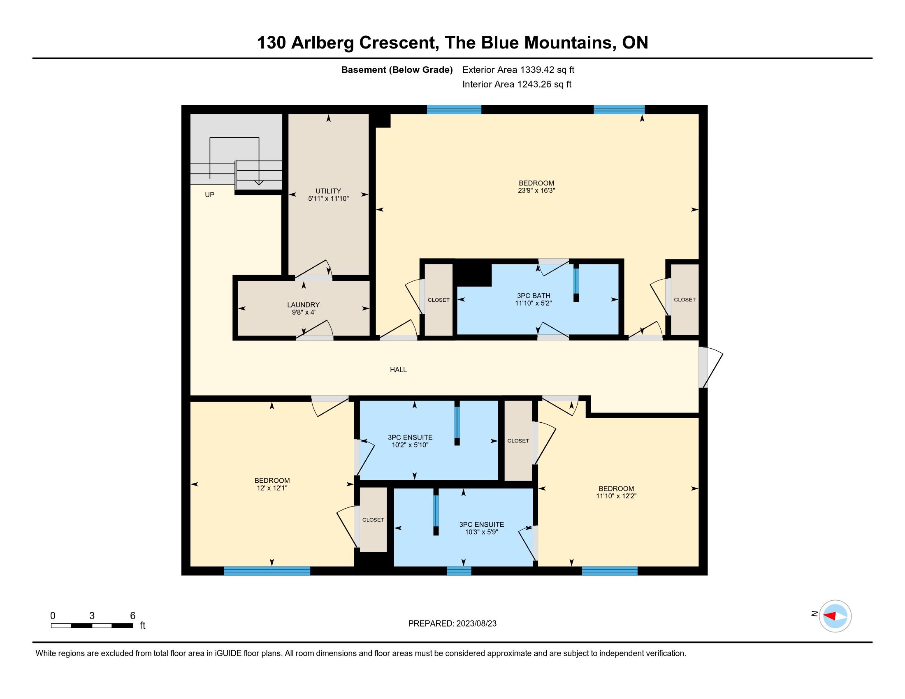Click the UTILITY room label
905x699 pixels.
pos(328,191)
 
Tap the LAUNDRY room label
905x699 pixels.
pos(303,305)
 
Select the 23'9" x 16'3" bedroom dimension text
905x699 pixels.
pos(536,191)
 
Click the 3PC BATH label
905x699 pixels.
pos(533,296)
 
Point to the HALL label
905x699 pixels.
pos(398,370)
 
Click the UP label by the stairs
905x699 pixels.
pos(210,194)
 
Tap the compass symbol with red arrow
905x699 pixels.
pos(835,616)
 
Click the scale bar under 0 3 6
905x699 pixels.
pos(92,626)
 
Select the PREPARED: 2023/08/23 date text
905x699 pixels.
pos(452,624)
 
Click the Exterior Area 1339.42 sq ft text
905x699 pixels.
pos(518,69)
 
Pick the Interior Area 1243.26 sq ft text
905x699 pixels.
pos(517,84)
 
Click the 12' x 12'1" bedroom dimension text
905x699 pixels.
pos(272,488)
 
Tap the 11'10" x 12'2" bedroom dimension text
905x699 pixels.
pos(616,496)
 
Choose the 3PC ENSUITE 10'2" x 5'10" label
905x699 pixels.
pos(410,441)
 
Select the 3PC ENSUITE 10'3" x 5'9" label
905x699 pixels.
pos(482,528)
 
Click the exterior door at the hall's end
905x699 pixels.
pos(710,367)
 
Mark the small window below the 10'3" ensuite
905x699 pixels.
pos(459,571)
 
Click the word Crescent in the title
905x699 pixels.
pos(399,43)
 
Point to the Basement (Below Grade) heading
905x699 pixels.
pos(397,69)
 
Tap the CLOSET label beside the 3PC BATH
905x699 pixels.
pos(439,300)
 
